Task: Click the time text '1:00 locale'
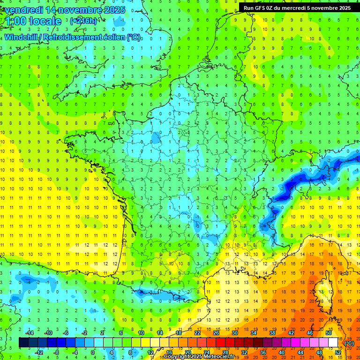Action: coord(34,21)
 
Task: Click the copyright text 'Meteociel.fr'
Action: coord(218,357)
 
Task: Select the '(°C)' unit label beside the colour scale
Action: coord(349,343)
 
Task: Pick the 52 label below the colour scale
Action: coord(338,352)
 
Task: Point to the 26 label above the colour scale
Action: coord(216,333)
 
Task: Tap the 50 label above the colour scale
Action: coord(329,333)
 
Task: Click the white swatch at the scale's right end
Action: coord(333,343)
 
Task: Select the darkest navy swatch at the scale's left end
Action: coord(24,343)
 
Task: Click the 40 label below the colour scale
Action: coord(282,352)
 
